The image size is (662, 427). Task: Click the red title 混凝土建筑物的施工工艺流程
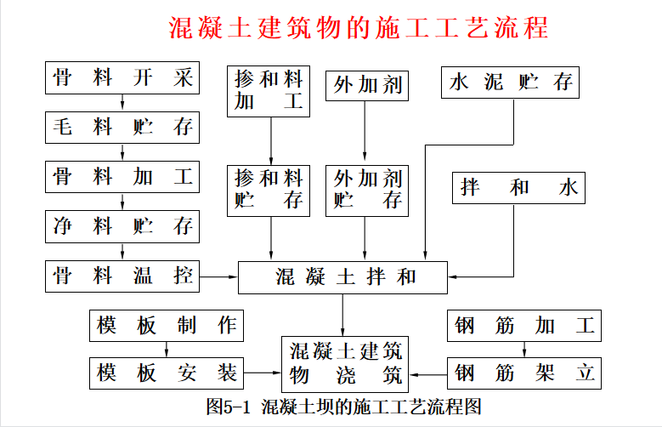coord(359,28)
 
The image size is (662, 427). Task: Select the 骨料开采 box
coord(122,77)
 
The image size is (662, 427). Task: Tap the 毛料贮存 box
coord(122,128)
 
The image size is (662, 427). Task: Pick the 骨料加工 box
coord(122,177)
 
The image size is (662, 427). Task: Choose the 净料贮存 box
coord(122,226)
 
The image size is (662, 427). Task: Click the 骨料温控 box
coord(122,276)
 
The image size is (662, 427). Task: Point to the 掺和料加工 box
coord(269,91)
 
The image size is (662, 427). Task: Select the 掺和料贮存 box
coord(269,191)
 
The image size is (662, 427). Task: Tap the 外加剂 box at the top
coord(367,86)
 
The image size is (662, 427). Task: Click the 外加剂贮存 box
coord(367,191)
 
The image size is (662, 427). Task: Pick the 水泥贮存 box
coord(510,83)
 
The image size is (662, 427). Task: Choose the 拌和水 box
coord(518,188)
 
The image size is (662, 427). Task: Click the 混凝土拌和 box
coord(342,277)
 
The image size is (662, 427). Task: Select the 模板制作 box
coord(167,326)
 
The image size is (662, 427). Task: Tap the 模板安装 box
coord(167,373)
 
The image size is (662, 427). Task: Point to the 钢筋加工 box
coord(524,326)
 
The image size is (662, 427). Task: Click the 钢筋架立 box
coord(524,373)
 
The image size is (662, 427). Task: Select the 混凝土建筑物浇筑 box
coord(345,364)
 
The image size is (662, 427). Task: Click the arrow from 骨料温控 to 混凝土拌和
coord(218,277)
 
